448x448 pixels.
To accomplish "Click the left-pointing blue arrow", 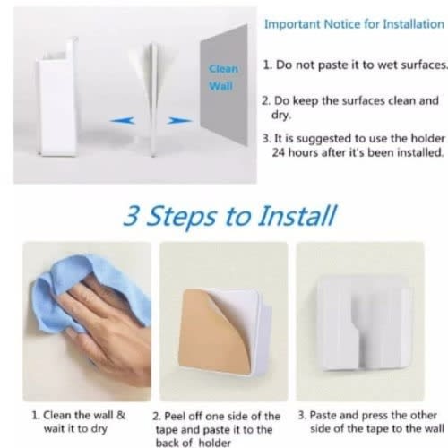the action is click(122, 121).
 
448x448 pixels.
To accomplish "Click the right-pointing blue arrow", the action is click(179, 121).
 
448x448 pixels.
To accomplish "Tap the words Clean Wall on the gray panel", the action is click(223, 77).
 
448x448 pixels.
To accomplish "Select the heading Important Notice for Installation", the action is click(354, 24).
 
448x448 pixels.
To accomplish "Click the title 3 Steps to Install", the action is click(229, 216).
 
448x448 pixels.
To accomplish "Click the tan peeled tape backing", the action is click(213, 332).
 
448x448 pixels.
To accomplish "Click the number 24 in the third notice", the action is click(278, 152).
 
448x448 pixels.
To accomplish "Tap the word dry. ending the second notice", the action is click(280, 115).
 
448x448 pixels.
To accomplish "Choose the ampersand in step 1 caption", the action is click(121, 415).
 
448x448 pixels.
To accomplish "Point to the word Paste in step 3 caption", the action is click(323, 415).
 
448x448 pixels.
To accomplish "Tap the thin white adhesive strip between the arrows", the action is click(152, 100).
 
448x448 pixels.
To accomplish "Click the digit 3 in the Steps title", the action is click(132, 216).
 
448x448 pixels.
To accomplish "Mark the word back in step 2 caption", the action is click(169, 443).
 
